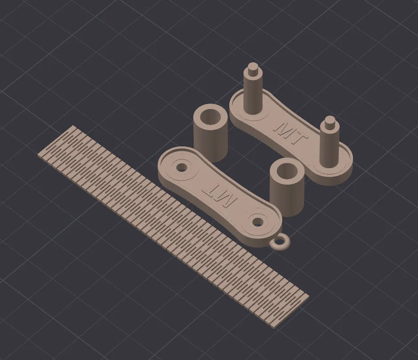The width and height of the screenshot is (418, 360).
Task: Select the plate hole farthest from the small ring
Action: click(x=183, y=167)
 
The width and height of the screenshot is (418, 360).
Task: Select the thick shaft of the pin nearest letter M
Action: click(x=252, y=96)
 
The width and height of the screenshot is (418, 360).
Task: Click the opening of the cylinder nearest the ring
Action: click(x=287, y=170)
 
